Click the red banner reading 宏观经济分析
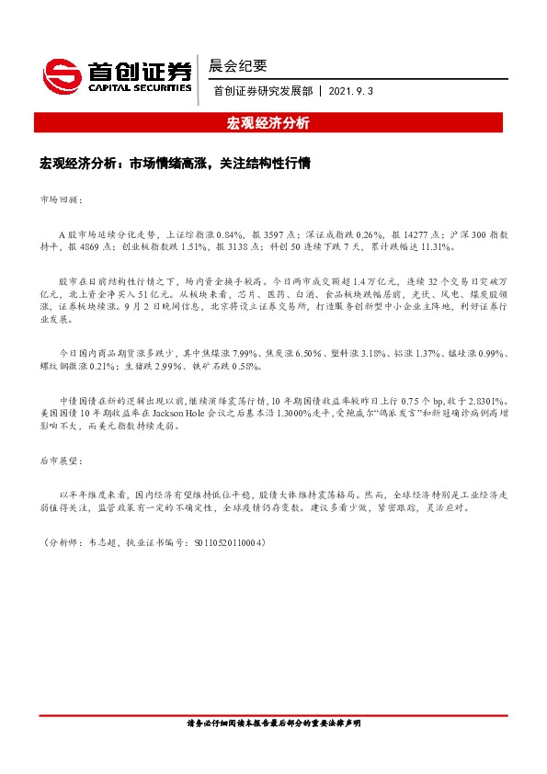(268, 123)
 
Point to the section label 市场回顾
(63, 199)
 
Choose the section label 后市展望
(63, 459)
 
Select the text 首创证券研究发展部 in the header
(262, 91)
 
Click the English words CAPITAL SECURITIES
(140, 88)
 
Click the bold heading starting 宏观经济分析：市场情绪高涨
(176, 165)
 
